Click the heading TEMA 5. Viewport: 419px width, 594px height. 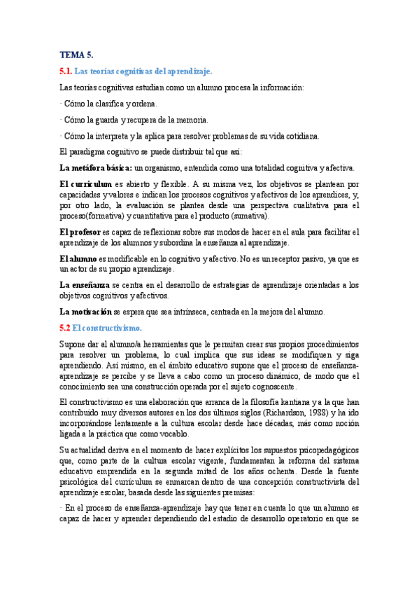[76, 55]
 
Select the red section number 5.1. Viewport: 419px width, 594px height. [66, 71]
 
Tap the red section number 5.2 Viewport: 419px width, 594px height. [66, 328]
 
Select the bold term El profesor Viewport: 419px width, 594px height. [80, 232]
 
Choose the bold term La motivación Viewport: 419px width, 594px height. [86, 312]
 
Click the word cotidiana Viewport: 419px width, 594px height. [300, 136]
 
